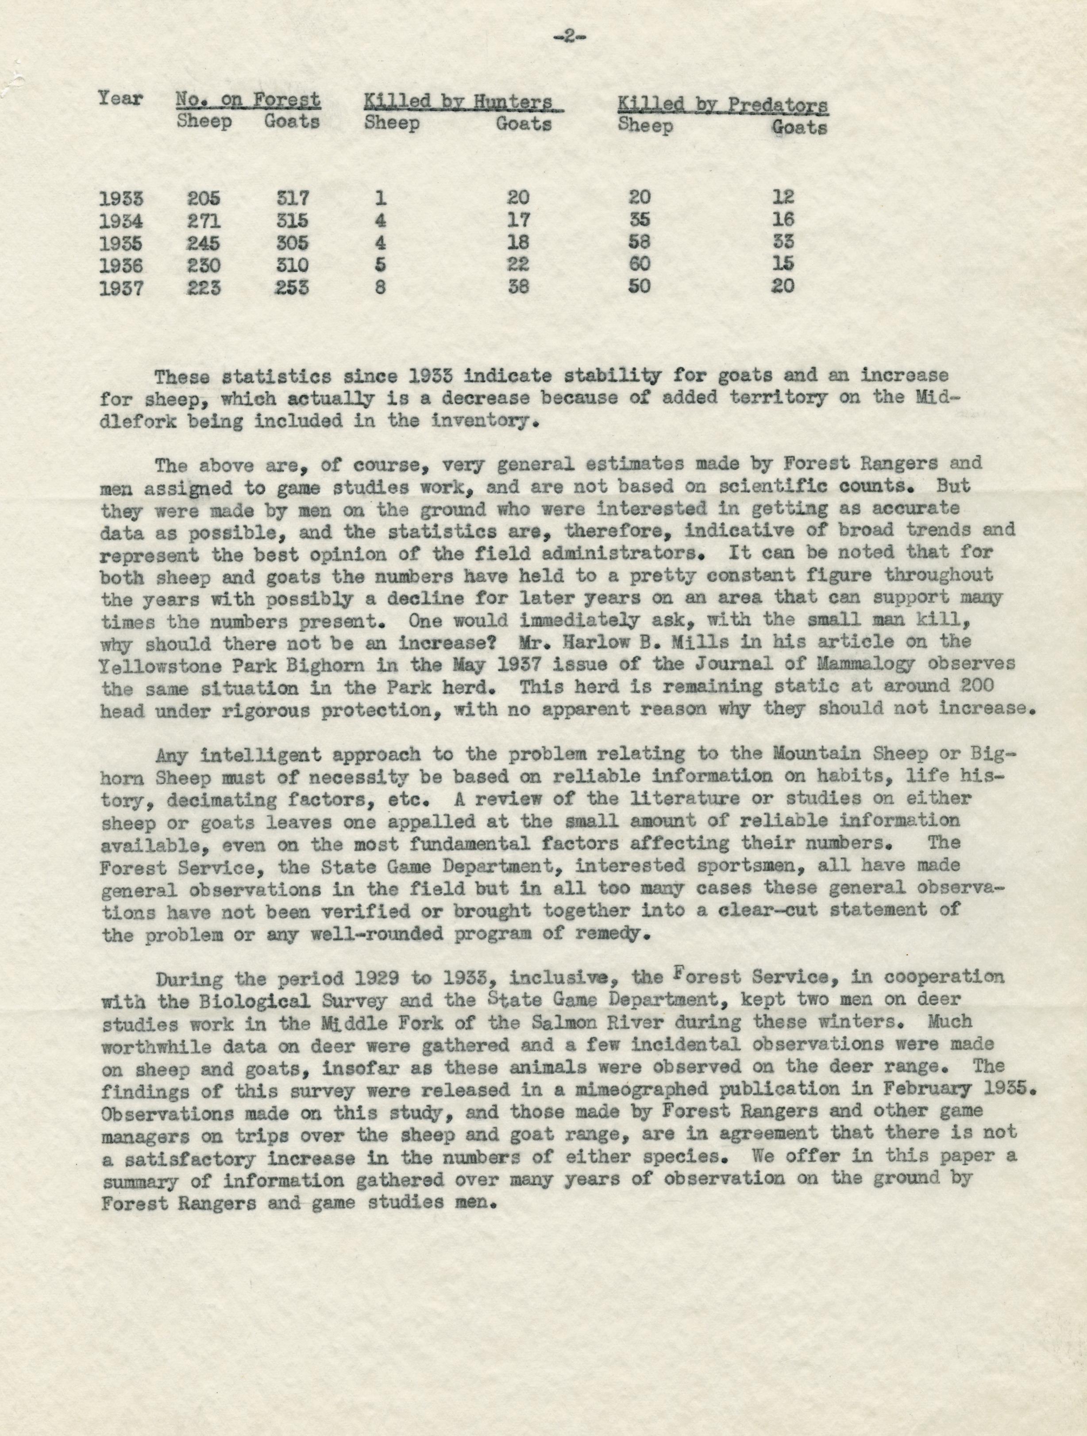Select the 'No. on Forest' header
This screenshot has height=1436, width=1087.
tap(248, 100)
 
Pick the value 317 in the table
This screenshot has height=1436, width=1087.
tap(291, 197)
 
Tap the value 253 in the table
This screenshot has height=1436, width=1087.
tap(291, 287)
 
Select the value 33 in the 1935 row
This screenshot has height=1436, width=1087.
tap(782, 242)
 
